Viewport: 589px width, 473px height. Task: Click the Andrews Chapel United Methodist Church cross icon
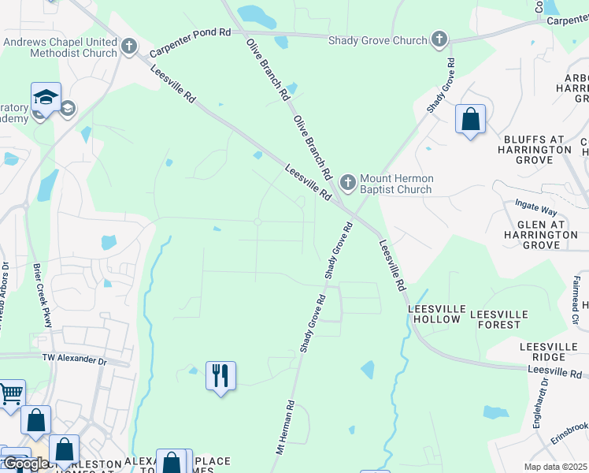[130, 48]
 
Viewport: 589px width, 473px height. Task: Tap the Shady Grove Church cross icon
[439, 39]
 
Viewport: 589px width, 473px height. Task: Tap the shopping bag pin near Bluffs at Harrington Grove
[470, 120]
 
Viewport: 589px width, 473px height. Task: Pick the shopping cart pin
[10, 393]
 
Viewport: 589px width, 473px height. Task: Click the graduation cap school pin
[46, 98]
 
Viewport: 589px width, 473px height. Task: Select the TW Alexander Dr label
[75, 359]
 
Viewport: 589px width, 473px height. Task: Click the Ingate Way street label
[535, 210]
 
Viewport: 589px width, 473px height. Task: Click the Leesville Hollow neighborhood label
[434, 314]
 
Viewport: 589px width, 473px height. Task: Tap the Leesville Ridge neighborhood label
[553, 352]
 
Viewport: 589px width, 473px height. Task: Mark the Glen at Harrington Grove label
[543, 235]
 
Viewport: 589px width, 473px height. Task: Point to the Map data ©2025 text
[555, 467]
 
